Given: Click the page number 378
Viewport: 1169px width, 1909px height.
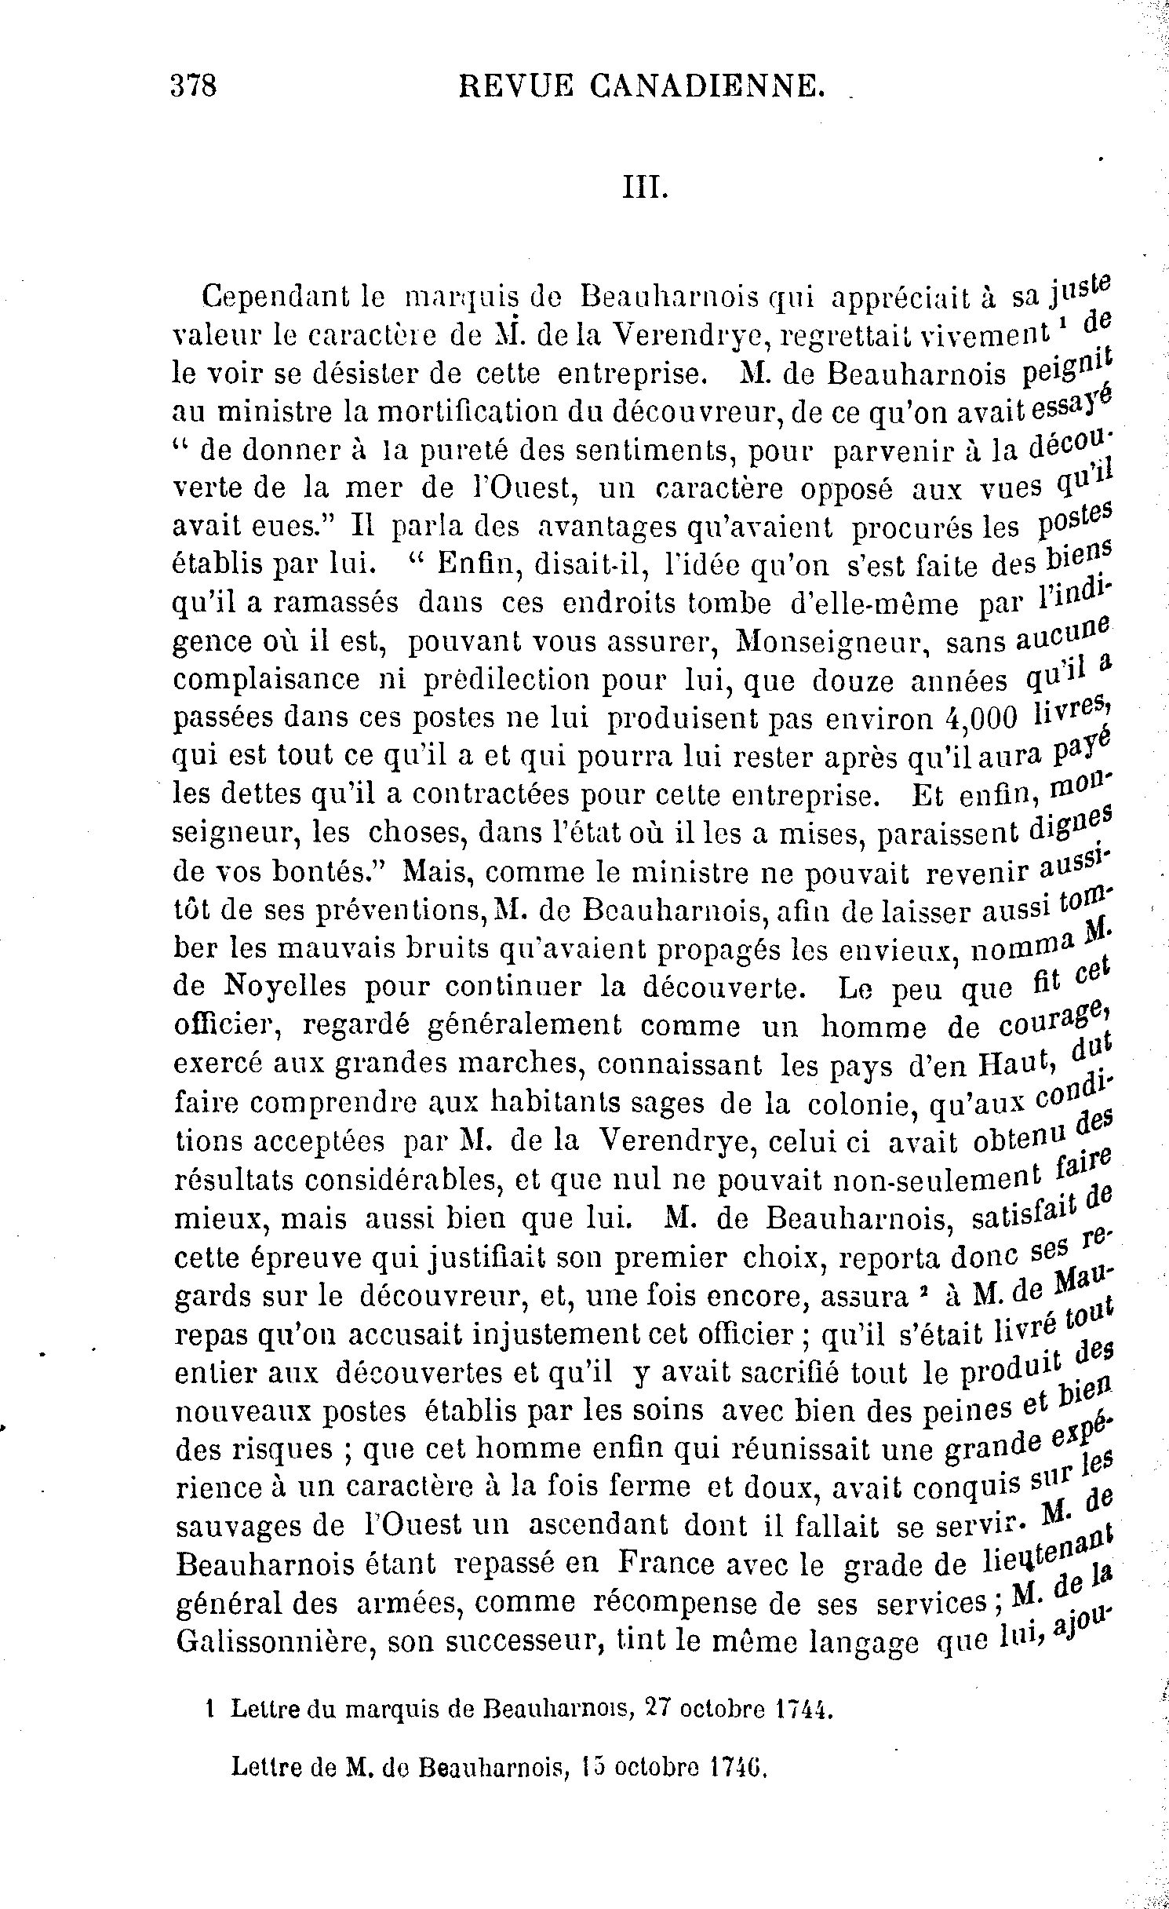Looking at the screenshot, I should tap(193, 83).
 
